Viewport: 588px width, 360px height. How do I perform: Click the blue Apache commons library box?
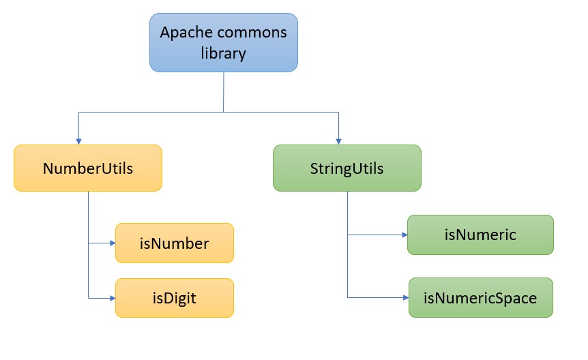click(x=224, y=42)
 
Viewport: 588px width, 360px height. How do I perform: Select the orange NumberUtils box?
click(x=88, y=168)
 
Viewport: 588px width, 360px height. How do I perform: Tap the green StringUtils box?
click(x=347, y=168)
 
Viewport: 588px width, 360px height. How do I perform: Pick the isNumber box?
click(x=175, y=243)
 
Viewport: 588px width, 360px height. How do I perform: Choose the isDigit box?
click(x=175, y=297)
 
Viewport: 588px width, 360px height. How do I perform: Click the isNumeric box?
click(x=480, y=235)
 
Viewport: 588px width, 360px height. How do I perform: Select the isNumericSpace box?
click(x=480, y=297)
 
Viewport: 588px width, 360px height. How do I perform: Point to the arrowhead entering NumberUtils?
click(x=79, y=140)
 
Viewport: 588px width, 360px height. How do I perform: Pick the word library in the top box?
click(x=223, y=53)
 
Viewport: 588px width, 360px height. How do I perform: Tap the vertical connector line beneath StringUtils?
click(x=348, y=218)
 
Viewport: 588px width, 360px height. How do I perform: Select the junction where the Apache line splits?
click(x=224, y=111)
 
